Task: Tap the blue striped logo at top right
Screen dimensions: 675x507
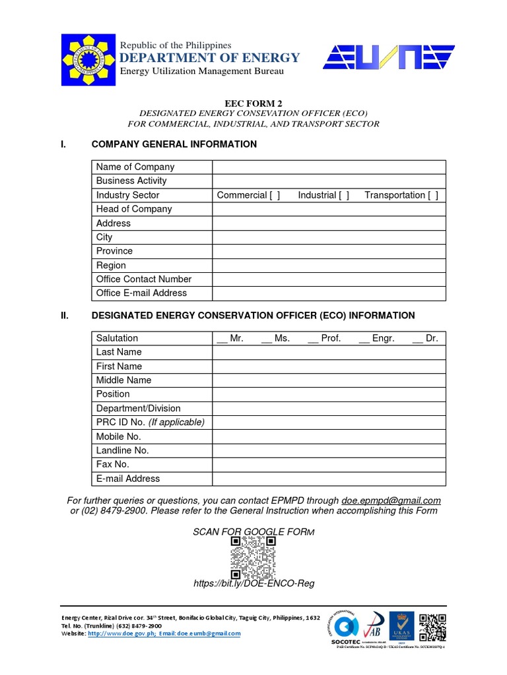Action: click(x=388, y=57)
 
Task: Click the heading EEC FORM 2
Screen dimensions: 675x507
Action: click(x=253, y=103)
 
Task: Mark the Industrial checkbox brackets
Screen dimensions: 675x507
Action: click(x=344, y=195)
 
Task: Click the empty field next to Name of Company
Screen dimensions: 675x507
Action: click(x=329, y=167)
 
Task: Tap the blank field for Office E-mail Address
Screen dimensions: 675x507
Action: click(x=329, y=293)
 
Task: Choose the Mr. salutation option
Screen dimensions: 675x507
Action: click(x=230, y=338)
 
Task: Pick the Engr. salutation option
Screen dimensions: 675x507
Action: click(x=376, y=338)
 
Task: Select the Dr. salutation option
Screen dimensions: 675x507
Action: click(x=425, y=338)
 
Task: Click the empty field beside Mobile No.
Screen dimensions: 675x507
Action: click(x=329, y=436)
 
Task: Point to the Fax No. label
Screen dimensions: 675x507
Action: click(x=113, y=465)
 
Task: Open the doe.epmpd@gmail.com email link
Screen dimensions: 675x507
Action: click(x=391, y=500)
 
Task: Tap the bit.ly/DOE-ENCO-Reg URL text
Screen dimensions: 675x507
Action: click(x=253, y=584)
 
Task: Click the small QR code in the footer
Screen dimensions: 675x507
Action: click(x=432, y=627)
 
